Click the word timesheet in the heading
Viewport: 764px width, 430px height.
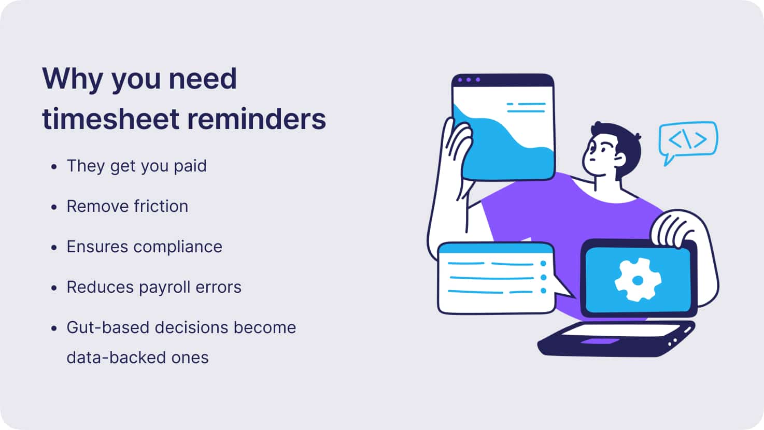coord(110,119)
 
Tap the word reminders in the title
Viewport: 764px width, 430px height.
coord(257,119)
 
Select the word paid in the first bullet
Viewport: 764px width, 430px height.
coord(190,166)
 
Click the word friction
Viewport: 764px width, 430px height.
coord(161,206)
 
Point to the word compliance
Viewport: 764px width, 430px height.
coord(178,247)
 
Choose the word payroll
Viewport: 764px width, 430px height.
coord(164,288)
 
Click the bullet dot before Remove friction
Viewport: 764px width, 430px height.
coord(54,207)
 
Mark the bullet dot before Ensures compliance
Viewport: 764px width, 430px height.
coord(54,248)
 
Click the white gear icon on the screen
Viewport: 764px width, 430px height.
coord(638,280)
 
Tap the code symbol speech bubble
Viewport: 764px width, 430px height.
coord(688,140)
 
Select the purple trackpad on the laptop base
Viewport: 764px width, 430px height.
coord(600,341)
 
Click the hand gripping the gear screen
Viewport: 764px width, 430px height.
coord(674,227)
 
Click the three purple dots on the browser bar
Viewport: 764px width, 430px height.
coord(469,80)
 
